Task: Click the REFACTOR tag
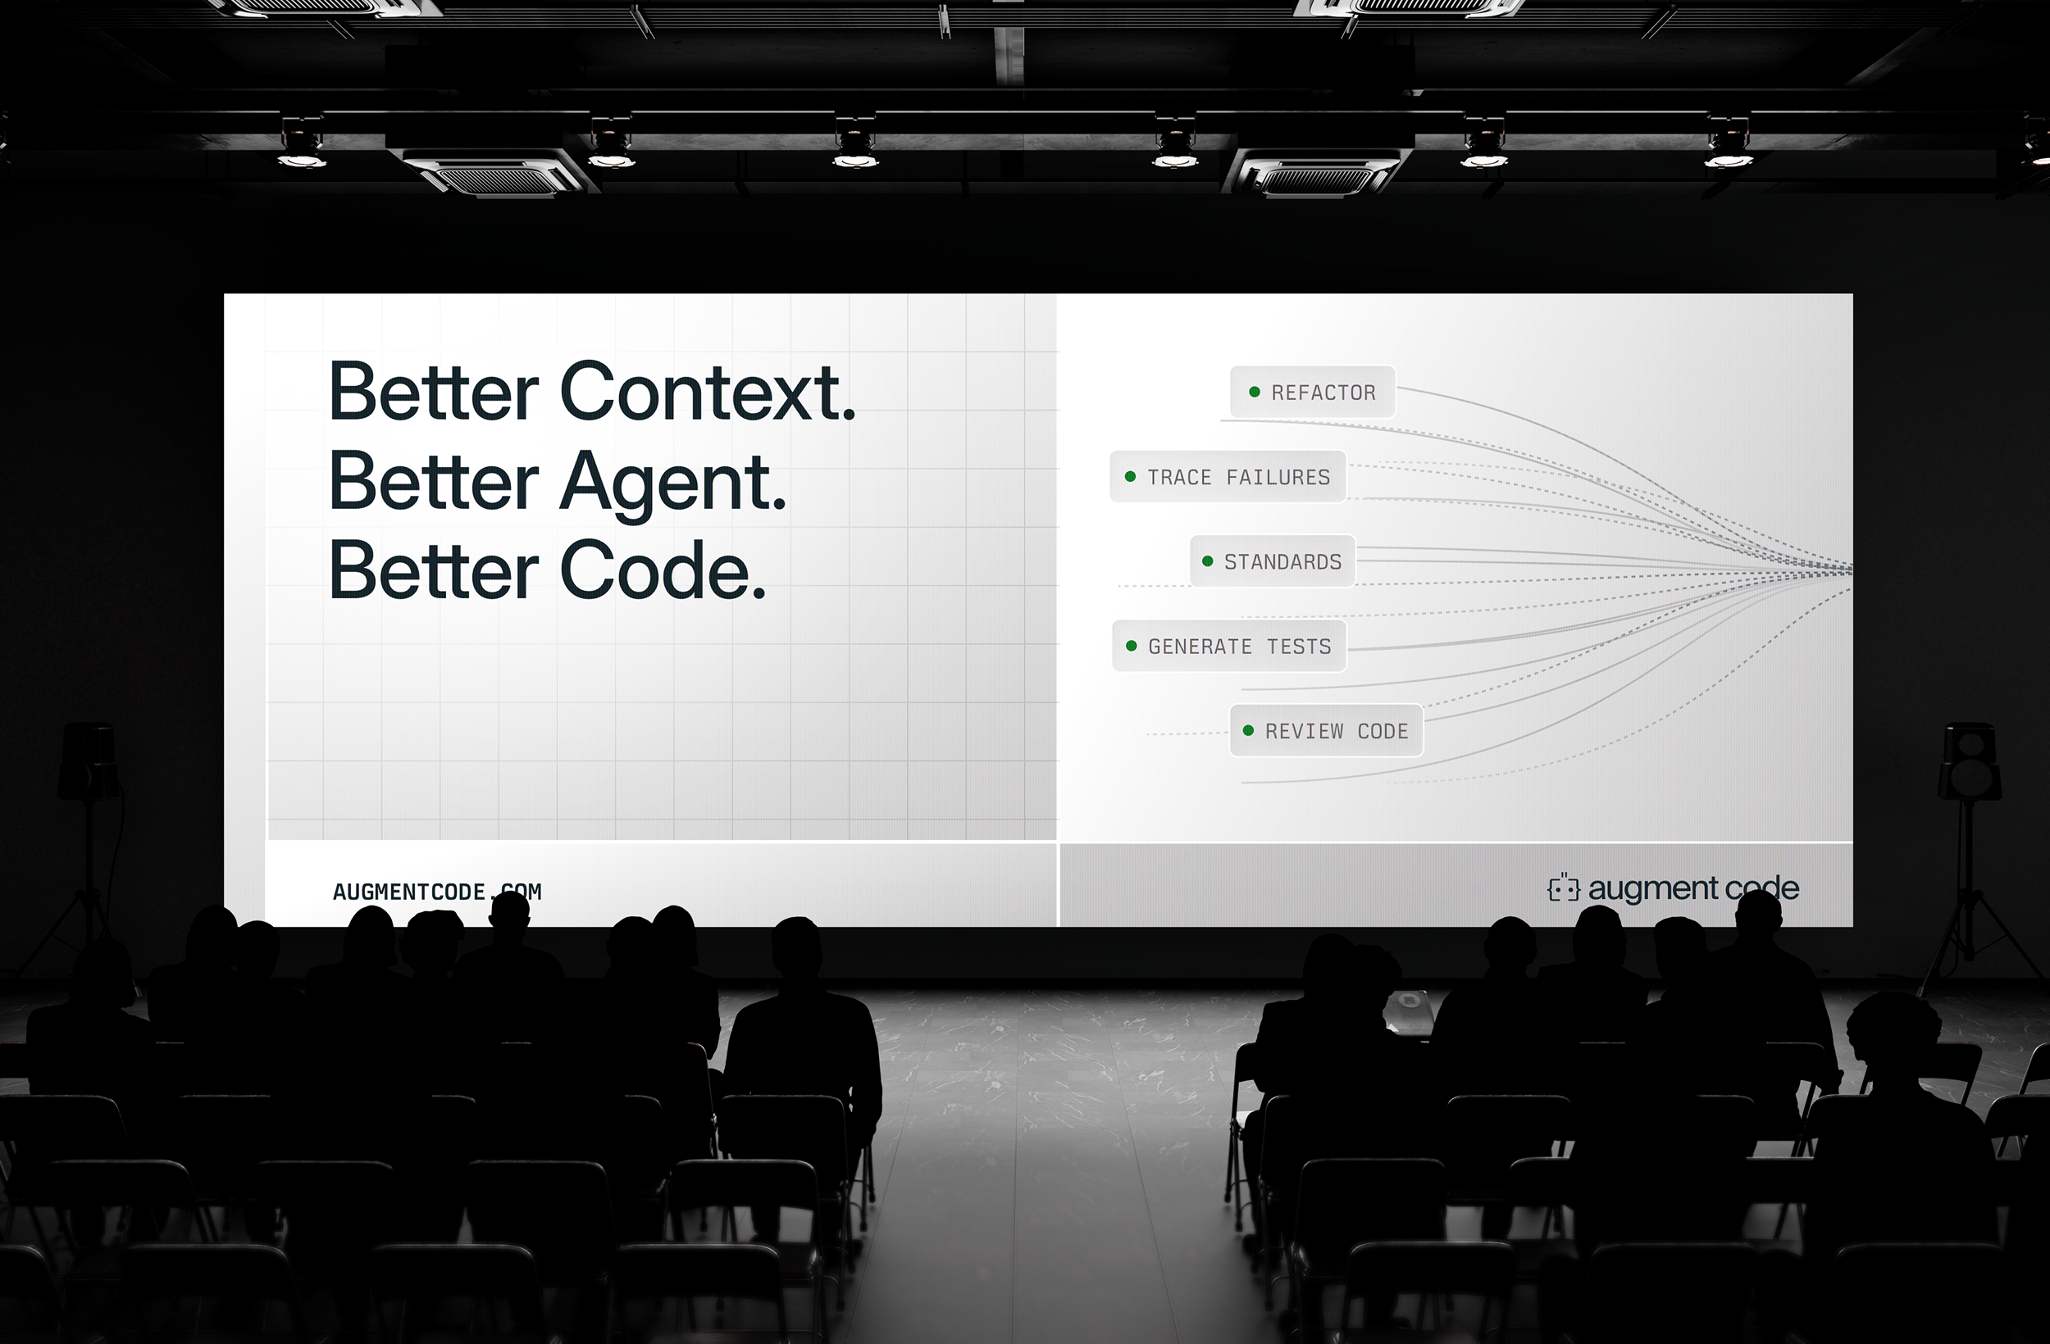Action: pos(1313,393)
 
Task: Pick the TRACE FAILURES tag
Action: pos(1228,477)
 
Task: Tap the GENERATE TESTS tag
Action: pos(1230,646)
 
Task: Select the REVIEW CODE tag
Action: pos(1327,731)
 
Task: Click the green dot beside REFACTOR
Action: pos(1254,393)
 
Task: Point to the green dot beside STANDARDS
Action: pos(1207,561)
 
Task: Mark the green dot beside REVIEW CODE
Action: pos(1248,731)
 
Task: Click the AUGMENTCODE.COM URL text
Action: pos(437,892)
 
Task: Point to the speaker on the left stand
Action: pos(89,762)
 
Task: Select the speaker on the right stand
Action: pos(1969,762)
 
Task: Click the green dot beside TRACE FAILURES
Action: pos(1130,477)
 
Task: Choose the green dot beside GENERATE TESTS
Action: pos(1131,646)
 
